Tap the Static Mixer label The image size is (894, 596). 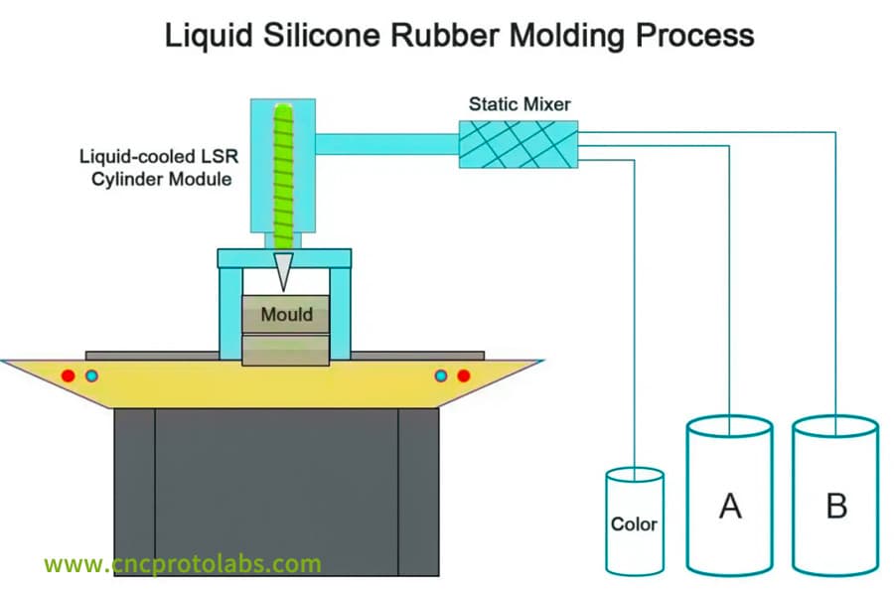[x=520, y=102]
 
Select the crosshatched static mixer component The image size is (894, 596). [x=519, y=144]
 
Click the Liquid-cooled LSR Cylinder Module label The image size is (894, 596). [x=156, y=168]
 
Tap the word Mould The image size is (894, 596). [x=287, y=315]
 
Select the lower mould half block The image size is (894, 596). [x=287, y=350]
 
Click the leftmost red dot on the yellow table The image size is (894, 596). [x=68, y=375]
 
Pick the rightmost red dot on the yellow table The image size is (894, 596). [x=463, y=375]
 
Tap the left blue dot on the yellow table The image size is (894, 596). [x=91, y=375]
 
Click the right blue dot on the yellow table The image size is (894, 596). [x=440, y=375]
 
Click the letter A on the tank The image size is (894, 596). [x=730, y=506]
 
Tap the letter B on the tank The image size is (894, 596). [x=836, y=506]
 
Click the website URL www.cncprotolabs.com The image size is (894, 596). [x=183, y=564]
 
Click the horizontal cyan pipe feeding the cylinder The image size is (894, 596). [x=387, y=144]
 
